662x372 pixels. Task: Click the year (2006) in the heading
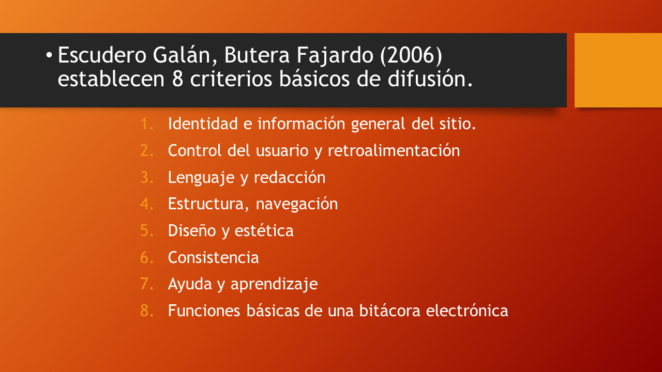tap(411, 55)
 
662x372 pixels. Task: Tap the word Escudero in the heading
tap(102, 55)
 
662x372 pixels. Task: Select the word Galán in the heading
tap(185, 55)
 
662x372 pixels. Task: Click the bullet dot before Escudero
tap(49, 55)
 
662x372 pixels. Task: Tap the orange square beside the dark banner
tap(618, 70)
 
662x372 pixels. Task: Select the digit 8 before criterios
tap(177, 79)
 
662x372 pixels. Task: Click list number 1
tap(147, 123)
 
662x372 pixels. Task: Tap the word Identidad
tap(203, 123)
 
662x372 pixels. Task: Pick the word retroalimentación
tap(394, 150)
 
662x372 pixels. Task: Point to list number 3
tap(147, 177)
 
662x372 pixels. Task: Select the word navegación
tap(297, 204)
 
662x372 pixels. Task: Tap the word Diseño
tap(192, 230)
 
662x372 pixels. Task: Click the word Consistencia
tap(214, 257)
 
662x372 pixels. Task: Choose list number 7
tap(147, 284)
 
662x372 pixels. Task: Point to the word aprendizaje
tap(274, 285)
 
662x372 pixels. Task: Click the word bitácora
tap(389, 311)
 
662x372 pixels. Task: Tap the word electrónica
tap(467, 311)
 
